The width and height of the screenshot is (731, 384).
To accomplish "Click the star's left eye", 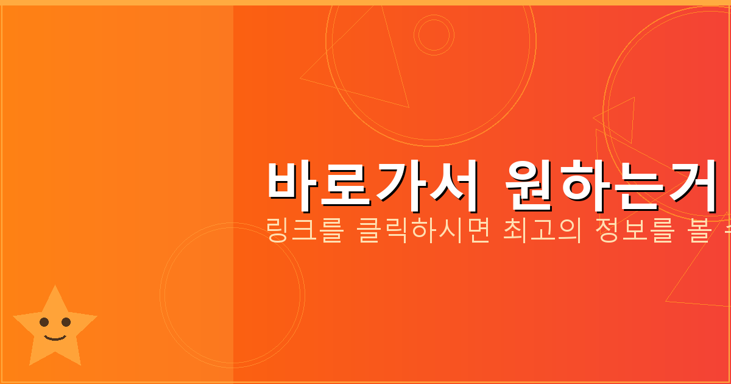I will tap(44, 322).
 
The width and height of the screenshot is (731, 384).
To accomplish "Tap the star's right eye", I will tap(66, 322).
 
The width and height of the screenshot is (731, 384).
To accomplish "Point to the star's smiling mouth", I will tap(55, 336).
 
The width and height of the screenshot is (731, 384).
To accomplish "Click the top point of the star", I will tap(55, 288).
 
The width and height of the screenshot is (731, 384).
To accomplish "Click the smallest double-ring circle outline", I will tap(434, 35).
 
